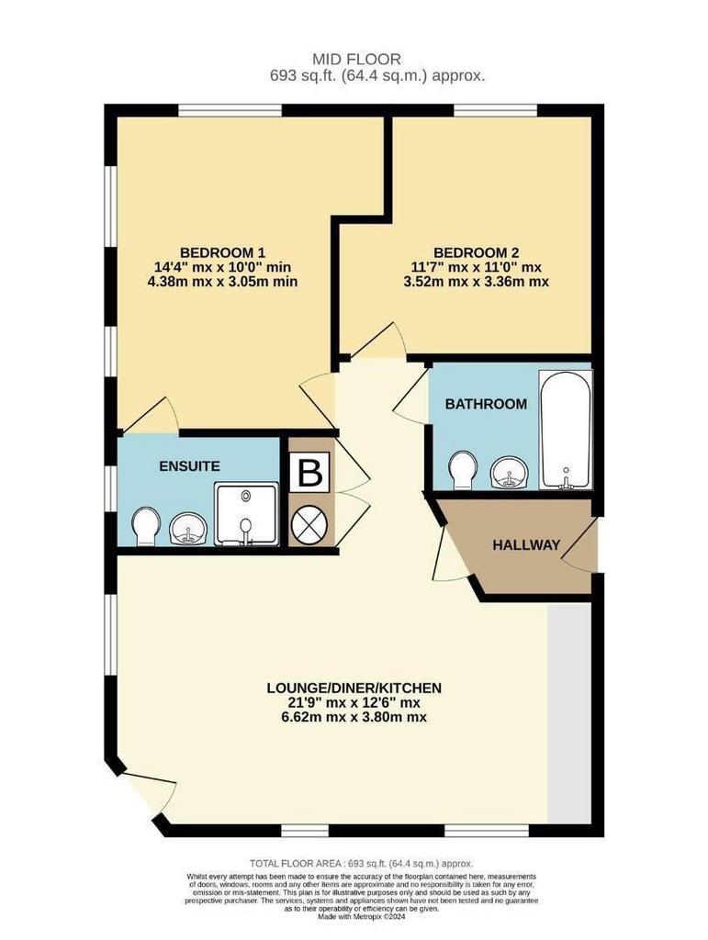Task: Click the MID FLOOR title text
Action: coord(356,60)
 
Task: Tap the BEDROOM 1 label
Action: coord(223,252)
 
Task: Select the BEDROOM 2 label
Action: coord(476,252)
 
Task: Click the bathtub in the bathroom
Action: coord(566,430)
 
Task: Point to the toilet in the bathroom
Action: coord(462,469)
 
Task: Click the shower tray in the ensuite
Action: coord(246,514)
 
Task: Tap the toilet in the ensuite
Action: coord(145,527)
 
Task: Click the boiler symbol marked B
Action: coord(310,473)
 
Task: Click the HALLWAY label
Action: coord(526,545)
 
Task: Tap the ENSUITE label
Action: coord(189,465)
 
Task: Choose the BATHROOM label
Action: coord(486,404)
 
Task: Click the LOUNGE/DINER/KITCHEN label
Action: coord(354,688)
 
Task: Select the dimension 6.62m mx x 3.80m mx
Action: coord(354,717)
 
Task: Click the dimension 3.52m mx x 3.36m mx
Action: coord(476,281)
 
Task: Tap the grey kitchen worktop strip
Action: coord(569,712)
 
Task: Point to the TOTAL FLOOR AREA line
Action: coord(362,864)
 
